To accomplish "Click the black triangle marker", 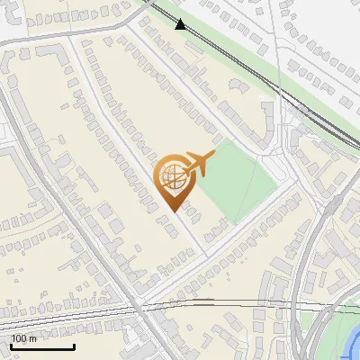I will (x=181, y=24).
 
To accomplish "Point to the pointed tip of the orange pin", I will (x=173, y=211).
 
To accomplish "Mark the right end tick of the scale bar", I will (x=74, y=346).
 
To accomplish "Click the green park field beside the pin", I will (x=238, y=180).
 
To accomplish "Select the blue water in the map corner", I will (x=353, y=346).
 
